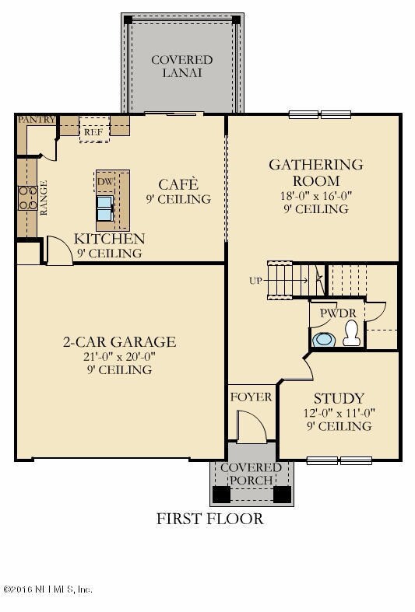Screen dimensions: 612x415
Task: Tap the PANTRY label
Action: click(x=36, y=119)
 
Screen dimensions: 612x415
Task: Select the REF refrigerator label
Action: click(x=94, y=132)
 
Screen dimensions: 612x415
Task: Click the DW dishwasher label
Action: click(x=104, y=182)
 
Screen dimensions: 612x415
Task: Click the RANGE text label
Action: click(x=44, y=199)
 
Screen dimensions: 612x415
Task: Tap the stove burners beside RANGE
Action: click(x=27, y=199)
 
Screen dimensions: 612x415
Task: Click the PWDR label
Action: click(x=335, y=313)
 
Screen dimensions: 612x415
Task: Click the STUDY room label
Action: click(x=339, y=398)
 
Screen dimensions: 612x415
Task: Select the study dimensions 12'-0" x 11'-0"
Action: click(x=337, y=413)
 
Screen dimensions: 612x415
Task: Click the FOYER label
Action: click(x=251, y=397)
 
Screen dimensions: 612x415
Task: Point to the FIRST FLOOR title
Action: click(x=209, y=519)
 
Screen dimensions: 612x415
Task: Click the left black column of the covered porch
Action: click(x=222, y=494)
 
